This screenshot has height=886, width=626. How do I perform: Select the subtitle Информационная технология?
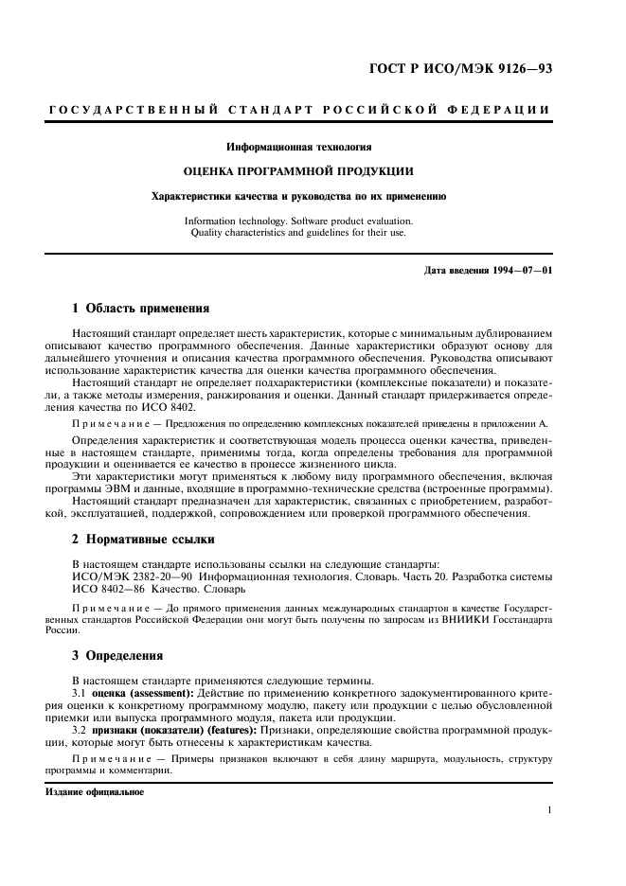(298, 147)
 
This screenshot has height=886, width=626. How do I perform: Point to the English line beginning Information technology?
(298, 221)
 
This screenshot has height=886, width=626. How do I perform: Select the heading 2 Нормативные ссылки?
(143, 540)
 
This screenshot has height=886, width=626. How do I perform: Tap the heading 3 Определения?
(118, 654)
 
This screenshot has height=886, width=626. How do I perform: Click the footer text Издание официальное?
(95, 791)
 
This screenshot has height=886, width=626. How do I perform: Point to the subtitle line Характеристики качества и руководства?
(298, 197)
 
